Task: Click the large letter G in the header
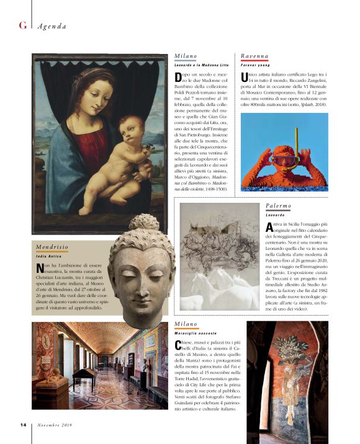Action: point(22,25)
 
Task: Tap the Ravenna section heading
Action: point(255,56)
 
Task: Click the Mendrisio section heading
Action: point(52,247)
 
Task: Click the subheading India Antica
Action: point(50,255)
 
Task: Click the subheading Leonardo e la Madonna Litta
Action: point(202,64)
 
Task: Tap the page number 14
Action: point(22,425)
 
